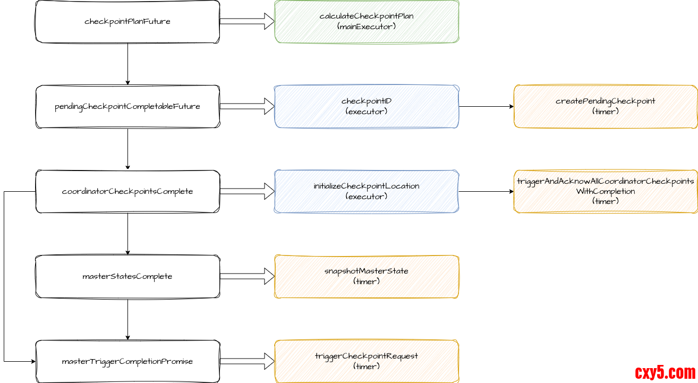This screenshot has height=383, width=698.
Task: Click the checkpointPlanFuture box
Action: pos(127,22)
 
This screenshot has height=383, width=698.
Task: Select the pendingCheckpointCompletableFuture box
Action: pos(127,107)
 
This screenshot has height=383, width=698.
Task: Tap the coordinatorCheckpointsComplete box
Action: pos(127,192)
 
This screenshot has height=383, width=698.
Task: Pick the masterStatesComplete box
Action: pos(127,277)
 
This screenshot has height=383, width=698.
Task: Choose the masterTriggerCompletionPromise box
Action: pos(127,362)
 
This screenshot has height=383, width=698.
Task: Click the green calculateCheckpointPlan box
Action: pos(367,22)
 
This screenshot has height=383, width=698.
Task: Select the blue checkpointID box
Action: pos(367,107)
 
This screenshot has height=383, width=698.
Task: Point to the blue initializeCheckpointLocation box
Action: pos(367,192)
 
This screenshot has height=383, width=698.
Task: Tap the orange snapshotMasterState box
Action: pos(367,277)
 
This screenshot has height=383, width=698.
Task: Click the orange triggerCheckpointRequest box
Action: pos(367,362)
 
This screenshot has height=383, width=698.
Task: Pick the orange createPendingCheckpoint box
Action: pos(606,107)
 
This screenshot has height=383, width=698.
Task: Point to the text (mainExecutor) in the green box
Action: pos(367,26)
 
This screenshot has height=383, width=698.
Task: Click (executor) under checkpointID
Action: pos(367,112)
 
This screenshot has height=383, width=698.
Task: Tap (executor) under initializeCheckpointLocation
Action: pos(367,197)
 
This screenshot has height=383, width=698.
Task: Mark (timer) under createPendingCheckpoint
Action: pos(606,112)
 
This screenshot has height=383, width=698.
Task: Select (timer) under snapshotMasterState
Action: pos(367,282)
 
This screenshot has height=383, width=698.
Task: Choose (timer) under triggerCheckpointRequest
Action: pos(367,367)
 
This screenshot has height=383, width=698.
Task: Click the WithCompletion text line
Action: pos(606,191)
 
